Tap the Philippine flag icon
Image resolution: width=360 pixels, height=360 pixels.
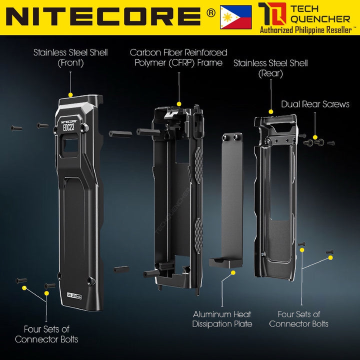click(235, 17)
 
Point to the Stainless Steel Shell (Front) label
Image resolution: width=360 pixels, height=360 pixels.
click(70, 57)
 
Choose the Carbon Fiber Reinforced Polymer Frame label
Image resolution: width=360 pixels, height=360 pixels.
click(178, 57)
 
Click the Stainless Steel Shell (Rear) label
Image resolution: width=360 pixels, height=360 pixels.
click(270, 68)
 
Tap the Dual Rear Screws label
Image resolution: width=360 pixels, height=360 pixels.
click(315, 104)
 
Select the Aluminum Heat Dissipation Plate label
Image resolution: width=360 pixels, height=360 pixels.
click(222, 319)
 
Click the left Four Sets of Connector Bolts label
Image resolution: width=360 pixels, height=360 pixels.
click(46, 334)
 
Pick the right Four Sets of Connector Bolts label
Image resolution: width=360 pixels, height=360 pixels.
click(298, 319)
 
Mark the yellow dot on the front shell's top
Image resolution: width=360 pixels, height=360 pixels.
click(70, 94)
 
